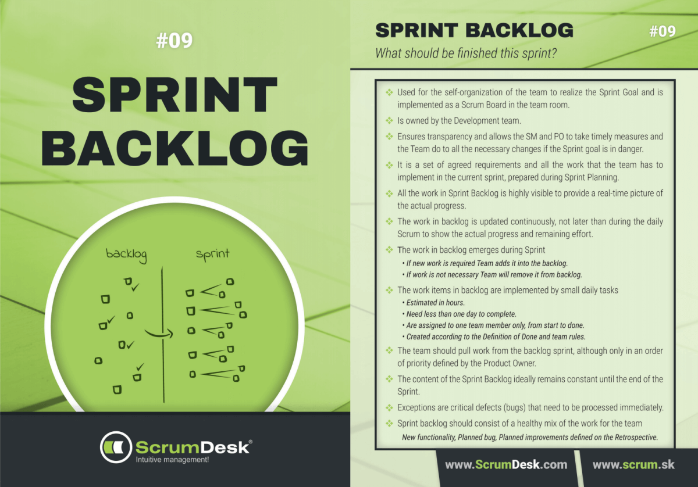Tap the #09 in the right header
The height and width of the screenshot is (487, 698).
pyautogui.click(x=662, y=31)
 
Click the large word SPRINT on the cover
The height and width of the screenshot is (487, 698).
pyautogui.click(x=174, y=96)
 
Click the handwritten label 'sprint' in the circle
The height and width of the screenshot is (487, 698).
pyautogui.click(x=212, y=255)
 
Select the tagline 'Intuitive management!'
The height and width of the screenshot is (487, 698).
pyautogui.click(x=172, y=460)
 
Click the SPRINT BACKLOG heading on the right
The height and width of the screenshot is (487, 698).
pyautogui.click(x=474, y=30)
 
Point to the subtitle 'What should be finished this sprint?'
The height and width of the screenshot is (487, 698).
pyautogui.click(x=466, y=53)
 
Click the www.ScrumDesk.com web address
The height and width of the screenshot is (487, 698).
pyautogui.click(x=505, y=465)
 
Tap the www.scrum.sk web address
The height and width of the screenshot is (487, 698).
pyautogui.click(x=634, y=465)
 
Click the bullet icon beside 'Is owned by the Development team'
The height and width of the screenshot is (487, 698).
pyautogui.click(x=389, y=121)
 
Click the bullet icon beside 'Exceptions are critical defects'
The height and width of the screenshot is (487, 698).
pyautogui.click(x=389, y=407)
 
